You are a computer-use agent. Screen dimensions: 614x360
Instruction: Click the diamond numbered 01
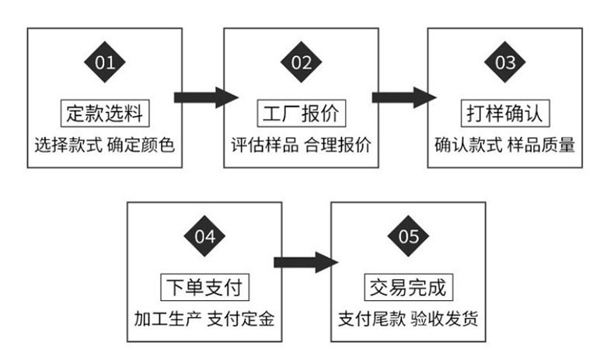point(105,62)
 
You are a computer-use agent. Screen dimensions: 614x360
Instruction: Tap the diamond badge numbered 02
point(301,62)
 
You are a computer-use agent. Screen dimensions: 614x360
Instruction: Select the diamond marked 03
point(504,62)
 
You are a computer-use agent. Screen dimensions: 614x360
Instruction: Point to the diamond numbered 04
point(204,236)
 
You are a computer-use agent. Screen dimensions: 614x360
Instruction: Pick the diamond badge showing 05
point(408,236)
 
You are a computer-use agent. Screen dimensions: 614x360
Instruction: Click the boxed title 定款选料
point(105,114)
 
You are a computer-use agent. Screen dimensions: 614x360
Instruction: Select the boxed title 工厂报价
point(302,114)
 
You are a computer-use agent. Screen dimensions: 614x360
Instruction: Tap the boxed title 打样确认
point(505,114)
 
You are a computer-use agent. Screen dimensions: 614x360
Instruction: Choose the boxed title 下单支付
point(205,287)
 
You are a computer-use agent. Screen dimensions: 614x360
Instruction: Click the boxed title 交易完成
point(408,287)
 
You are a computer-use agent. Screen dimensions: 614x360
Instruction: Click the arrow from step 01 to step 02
point(207,97)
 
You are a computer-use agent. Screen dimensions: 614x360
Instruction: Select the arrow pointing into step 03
point(404,97)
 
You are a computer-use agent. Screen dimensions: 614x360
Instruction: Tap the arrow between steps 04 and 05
point(305,263)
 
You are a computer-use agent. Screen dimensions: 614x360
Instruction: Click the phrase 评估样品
point(265,145)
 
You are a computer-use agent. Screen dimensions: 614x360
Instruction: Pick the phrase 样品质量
point(541,145)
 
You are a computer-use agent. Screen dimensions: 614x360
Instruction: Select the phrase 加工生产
point(168,320)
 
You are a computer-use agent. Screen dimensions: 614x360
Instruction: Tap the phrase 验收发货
point(445,320)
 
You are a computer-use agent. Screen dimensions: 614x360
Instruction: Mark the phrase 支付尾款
point(372,320)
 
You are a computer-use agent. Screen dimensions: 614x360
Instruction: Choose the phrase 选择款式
point(68,145)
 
